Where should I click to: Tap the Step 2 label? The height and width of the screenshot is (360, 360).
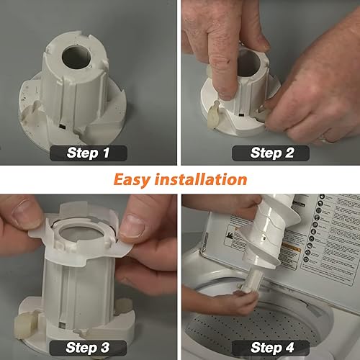click(x=271, y=152)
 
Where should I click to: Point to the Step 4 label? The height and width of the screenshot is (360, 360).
click(x=271, y=348)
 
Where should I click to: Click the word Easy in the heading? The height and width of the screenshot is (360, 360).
click(x=138, y=179)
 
